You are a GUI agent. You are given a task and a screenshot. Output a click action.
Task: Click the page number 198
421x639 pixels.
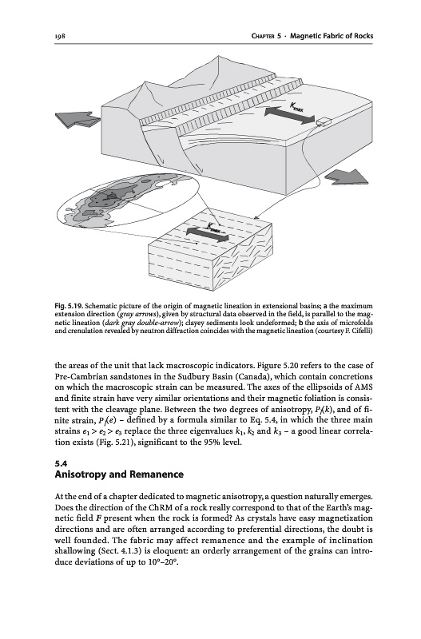[61, 36]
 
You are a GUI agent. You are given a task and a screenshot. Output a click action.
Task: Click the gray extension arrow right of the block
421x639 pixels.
[348, 177]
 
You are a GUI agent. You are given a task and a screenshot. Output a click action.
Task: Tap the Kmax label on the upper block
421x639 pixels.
[296, 108]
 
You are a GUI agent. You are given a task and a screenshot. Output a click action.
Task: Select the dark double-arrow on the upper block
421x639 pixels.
[290, 115]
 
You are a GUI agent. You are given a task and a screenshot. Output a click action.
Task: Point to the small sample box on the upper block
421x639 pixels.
[324, 122]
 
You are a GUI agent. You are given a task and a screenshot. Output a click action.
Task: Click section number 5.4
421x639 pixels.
[61, 464]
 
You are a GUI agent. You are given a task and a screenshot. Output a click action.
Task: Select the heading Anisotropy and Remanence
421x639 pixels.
[119, 474]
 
